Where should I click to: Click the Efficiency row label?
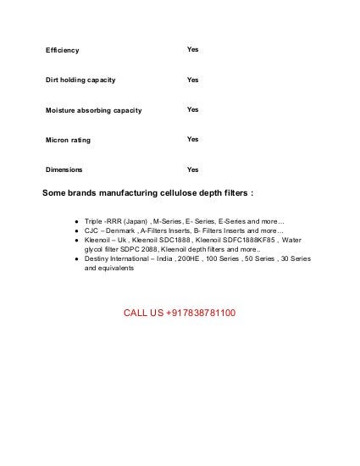click(62, 50)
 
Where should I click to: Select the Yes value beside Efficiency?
click(192, 50)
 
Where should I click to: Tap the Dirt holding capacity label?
click(80, 80)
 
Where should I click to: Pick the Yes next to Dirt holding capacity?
click(192, 80)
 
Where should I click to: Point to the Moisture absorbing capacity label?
click(93, 110)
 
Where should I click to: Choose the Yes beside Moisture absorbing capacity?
click(192, 109)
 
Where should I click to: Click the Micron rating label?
click(68, 139)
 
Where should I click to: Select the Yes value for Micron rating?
click(192, 139)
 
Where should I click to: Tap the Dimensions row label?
click(64, 169)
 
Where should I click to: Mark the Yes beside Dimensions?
click(192, 169)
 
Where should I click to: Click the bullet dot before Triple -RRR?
click(76, 220)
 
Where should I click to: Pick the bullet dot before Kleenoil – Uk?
click(76, 241)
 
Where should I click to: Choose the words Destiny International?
click(119, 258)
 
